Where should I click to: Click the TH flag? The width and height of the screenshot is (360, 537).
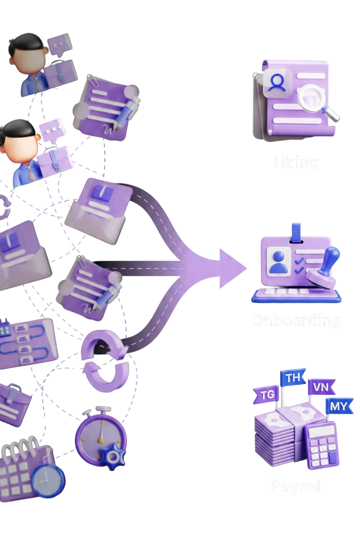coord(293,378)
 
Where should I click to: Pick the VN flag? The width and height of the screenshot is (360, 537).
coord(321,387)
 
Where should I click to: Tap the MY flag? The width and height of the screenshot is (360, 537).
coord(338,406)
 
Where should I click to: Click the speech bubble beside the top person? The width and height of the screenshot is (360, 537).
coord(59,44)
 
